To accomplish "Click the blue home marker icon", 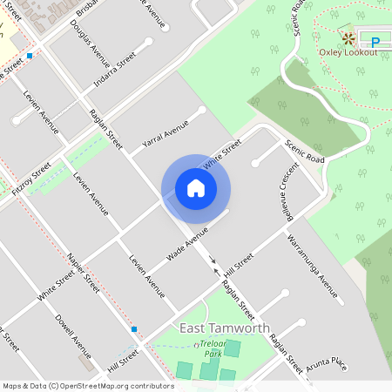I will pos(196,188).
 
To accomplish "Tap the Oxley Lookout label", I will pos(348,52).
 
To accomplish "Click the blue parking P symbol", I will pos(375,41).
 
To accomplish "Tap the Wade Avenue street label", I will pos(187,245).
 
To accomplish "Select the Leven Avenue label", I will pos(145,277).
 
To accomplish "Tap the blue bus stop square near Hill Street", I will pos(134,329).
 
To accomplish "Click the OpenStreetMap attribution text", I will pos(87,385).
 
